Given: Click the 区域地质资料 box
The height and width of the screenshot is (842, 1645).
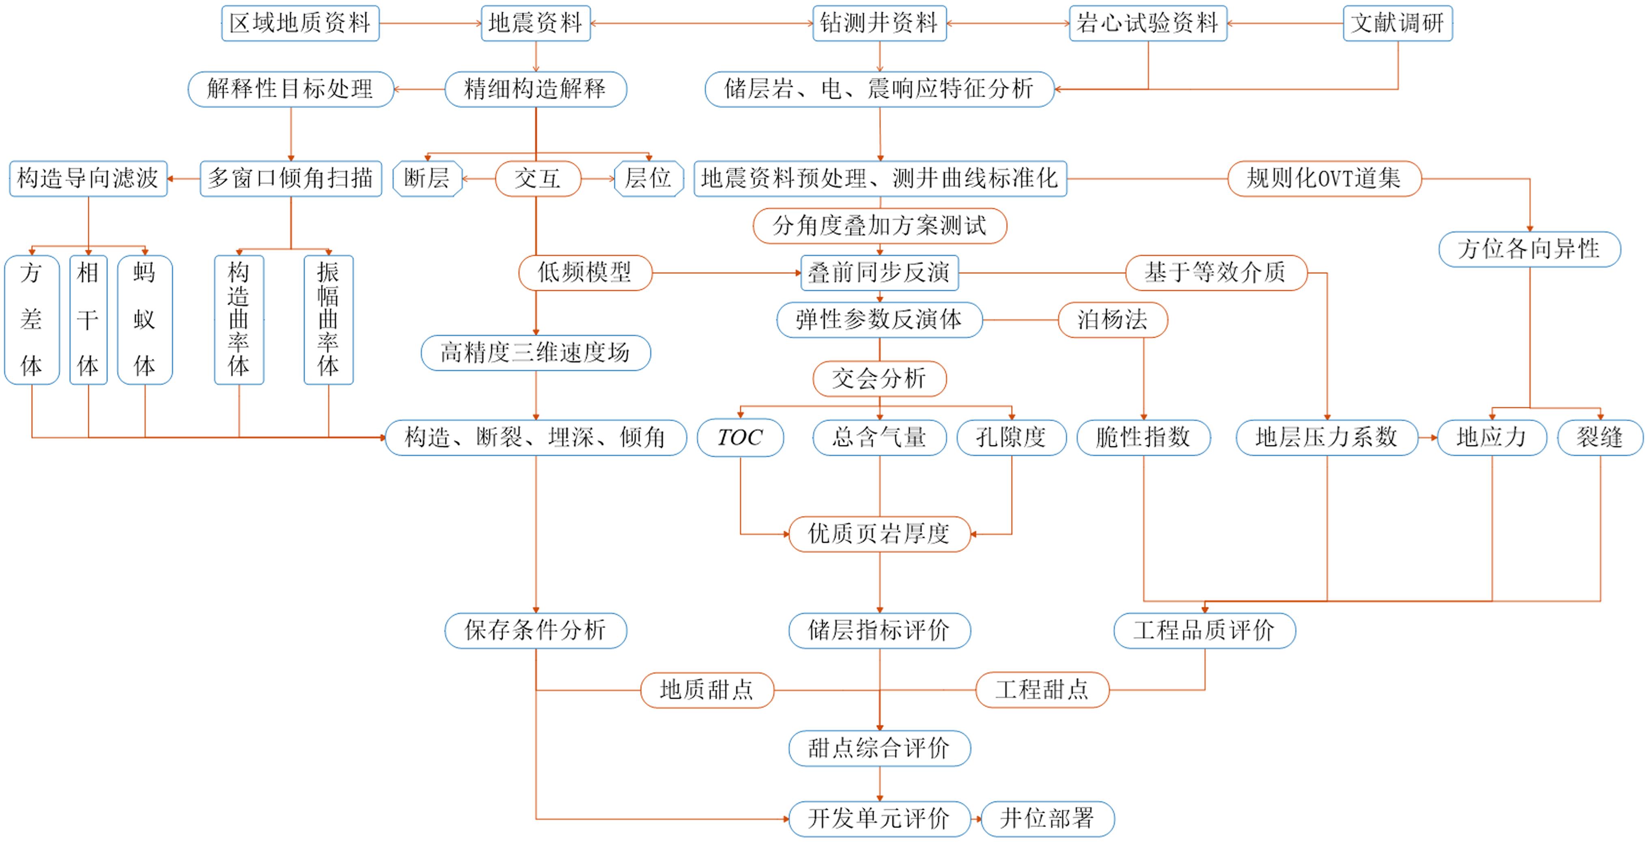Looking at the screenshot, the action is pyautogui.click(x=300, y=24).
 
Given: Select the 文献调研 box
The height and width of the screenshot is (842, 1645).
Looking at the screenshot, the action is pyautogui.click(x=1398, y=24).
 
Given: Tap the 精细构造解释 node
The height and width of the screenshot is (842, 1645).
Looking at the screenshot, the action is pyautogui.click(x=536, y=89).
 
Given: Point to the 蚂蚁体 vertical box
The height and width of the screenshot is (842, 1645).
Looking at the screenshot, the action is pyautogui.click(x=145, y=320).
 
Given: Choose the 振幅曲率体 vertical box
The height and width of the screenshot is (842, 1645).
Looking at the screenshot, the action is pyautogui.click(x=328, y=320).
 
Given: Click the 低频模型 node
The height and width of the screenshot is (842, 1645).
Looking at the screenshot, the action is pyautogui.click(x=585, y=273).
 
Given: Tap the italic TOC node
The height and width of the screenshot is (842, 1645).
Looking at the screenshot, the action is pyautogui.click(x=740, y=438).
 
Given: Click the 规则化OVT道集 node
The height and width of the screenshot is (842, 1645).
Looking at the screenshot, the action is pyautogui.click(x=1324, y=179).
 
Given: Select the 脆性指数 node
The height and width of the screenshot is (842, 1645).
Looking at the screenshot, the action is pyautogui.click(x=1143, y=438).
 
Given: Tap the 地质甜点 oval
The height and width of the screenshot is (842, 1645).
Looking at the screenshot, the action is pyautogui.click(x=707, y=690).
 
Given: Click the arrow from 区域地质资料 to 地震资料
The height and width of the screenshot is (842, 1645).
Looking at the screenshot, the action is pyautogui.click(x=431, y=24).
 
